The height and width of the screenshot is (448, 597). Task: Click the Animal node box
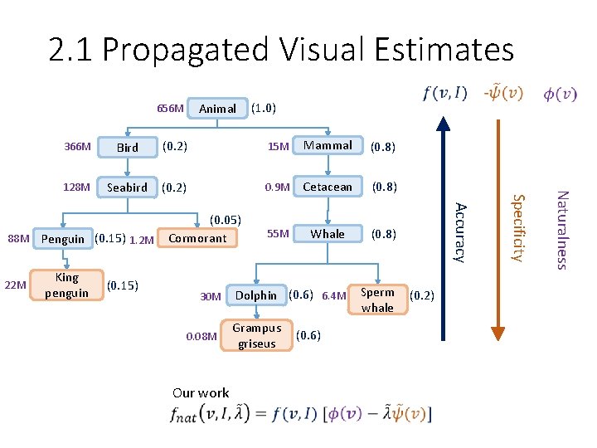coord(218,109)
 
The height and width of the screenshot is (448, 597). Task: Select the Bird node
coord(128,148)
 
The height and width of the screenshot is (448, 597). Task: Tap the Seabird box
coord(127,187)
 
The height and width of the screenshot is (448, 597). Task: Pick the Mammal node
coord(328,145)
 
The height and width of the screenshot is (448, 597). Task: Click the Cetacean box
coord(328,187)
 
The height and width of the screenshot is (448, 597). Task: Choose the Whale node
coord(328,234)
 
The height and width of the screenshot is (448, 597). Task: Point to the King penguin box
coord(66,285)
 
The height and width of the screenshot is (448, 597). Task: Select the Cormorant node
coord(197,238)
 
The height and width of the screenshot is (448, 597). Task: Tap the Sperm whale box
coord(377,299)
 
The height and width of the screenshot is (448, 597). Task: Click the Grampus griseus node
coord(256,336)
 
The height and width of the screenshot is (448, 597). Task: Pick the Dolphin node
coord(256,295)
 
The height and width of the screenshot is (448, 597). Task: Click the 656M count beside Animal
coord(170,109)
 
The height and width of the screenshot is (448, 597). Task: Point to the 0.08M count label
coord(201,337)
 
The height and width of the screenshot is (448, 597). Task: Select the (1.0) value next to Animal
coord(264,108)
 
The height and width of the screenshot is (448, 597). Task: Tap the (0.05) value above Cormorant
coord(225,220)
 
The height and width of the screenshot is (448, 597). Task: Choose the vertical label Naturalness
coord(561,230)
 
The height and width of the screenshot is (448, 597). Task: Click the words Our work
coord(201,392)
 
